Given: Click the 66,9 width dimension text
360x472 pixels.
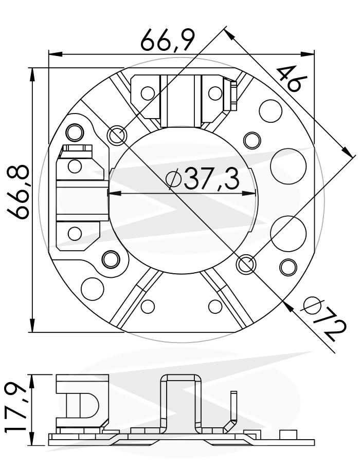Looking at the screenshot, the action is coord(168,40).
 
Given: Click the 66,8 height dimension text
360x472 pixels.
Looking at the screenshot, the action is coord(19,192).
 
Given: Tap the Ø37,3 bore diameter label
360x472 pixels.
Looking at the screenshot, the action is coord(203,179).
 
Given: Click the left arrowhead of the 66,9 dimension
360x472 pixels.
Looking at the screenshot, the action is coord(56,54).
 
